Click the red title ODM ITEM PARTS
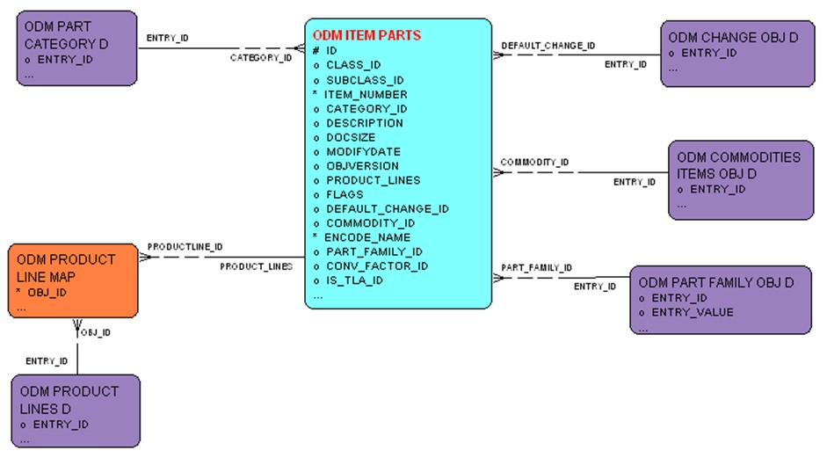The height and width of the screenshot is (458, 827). click(x=366, y=36)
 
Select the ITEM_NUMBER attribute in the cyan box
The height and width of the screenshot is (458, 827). click(x=366, y=94)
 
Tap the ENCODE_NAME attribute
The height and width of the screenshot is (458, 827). click(x=367, y=237)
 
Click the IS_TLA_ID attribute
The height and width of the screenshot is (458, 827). click(x=354, y=280)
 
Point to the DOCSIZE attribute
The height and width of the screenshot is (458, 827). click(x=351, y=137)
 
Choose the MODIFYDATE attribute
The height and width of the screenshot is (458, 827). click(x=363, y=151)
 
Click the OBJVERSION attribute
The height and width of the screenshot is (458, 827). click(x=362, y=165)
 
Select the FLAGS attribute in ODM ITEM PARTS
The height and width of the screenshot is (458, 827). click(x=345, y=194)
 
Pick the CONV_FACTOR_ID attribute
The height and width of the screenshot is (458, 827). click(x=377, y=265)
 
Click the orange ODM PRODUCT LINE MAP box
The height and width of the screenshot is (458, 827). click(x=74, y=280)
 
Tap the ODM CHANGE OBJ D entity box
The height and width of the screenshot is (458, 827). click(x=737, y=54)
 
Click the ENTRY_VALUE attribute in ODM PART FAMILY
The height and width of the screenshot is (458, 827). click(x=693, y=312)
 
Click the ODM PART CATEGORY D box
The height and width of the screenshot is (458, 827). click(x=77, y=47)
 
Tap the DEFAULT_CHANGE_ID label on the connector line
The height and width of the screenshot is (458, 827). click(x=548, y=45)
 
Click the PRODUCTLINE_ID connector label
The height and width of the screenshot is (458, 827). click(x=185, y=247)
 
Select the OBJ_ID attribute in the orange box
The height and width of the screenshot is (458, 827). click(x=47, y=292)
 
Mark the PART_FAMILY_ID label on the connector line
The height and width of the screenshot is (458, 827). click(x=536, y=267)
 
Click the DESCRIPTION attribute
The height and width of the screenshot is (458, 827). click(x=365, y=123)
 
